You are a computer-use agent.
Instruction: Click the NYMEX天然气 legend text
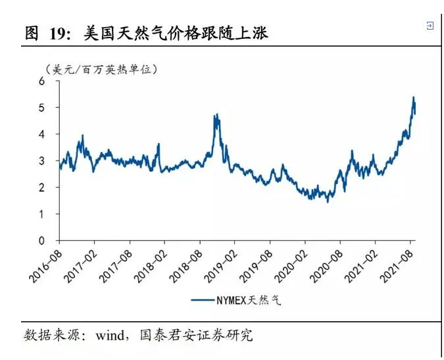point(248,301)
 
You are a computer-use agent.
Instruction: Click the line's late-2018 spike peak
point(216,115)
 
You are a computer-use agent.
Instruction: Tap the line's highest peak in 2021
point(414,97)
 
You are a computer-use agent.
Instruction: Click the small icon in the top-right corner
point(430,26)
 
